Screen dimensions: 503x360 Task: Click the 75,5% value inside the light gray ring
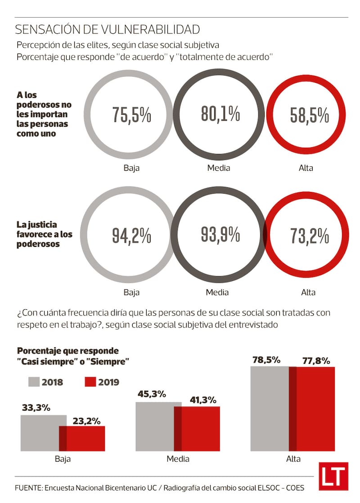coord(131,116)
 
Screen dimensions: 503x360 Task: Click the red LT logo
coord(333,476)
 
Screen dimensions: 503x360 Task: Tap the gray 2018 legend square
coord(34,381)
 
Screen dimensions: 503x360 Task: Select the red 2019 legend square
coord(90,381)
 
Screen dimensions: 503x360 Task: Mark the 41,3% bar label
coord(204,399)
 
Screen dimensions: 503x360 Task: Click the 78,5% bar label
coord(266,360)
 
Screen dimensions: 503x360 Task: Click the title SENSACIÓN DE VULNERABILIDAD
coord(107,30)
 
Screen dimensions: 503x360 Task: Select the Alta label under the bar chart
coord(293,459)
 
